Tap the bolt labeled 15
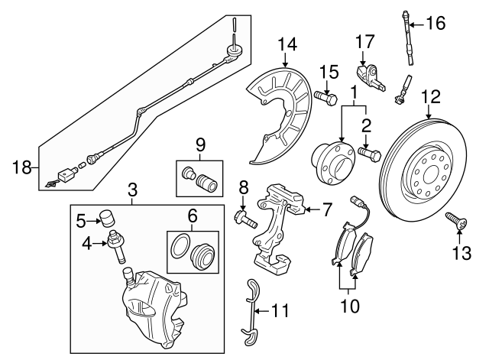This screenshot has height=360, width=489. coord(324,97)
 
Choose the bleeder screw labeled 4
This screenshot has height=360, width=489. coord(119,245)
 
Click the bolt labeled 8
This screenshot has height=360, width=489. coord(244,221)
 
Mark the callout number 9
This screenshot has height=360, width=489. coord(200,142)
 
